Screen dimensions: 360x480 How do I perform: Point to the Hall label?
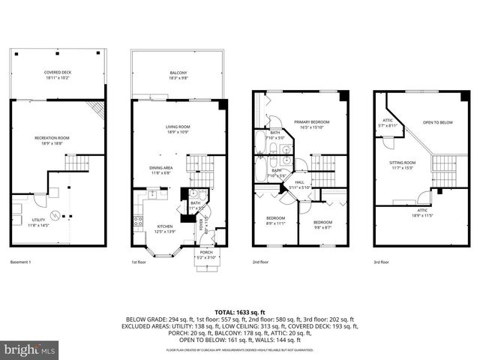click(x=299, y=184)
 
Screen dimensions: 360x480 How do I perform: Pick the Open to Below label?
click(x=438, y=122)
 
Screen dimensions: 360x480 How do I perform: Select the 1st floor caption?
click(x=139, y=262)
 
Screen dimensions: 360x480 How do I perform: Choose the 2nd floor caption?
click(x=260, y=262)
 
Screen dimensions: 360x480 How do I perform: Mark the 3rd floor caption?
click(x=381, y=262)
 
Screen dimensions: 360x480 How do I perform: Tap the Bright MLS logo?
click(x=30, y=349)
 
